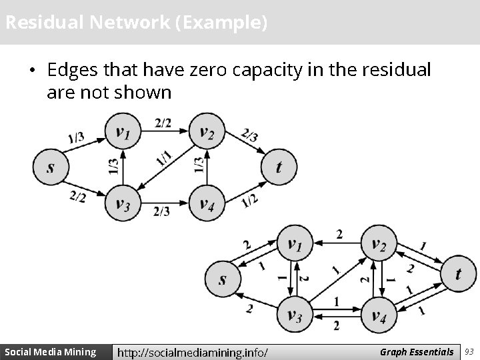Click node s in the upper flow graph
[x=51, y=167]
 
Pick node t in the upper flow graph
[x=278, y=167]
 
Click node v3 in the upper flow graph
[x=123, y=203]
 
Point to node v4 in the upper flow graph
[x=207, y=203]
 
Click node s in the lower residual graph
[x=222, y=279]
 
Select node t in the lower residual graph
[x=458, y=273]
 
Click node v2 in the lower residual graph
[x=378, y=244]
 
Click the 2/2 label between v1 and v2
[x=163, y=122]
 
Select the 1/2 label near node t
[x=250, y=199]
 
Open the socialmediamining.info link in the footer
[x=193, y=351]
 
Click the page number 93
[x=469, y=351]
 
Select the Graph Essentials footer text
[x=416, y=351]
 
